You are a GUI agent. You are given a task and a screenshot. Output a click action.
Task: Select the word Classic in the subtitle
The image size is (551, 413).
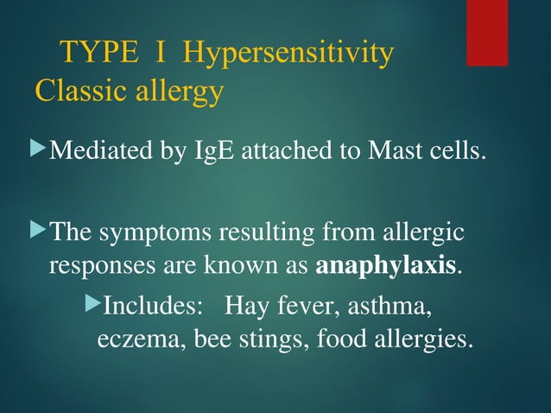tap(74, 90)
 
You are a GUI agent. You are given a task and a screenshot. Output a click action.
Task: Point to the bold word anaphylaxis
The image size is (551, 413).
tap(386, 265)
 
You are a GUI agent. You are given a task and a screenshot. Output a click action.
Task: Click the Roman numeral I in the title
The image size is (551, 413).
tap(160, 54)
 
